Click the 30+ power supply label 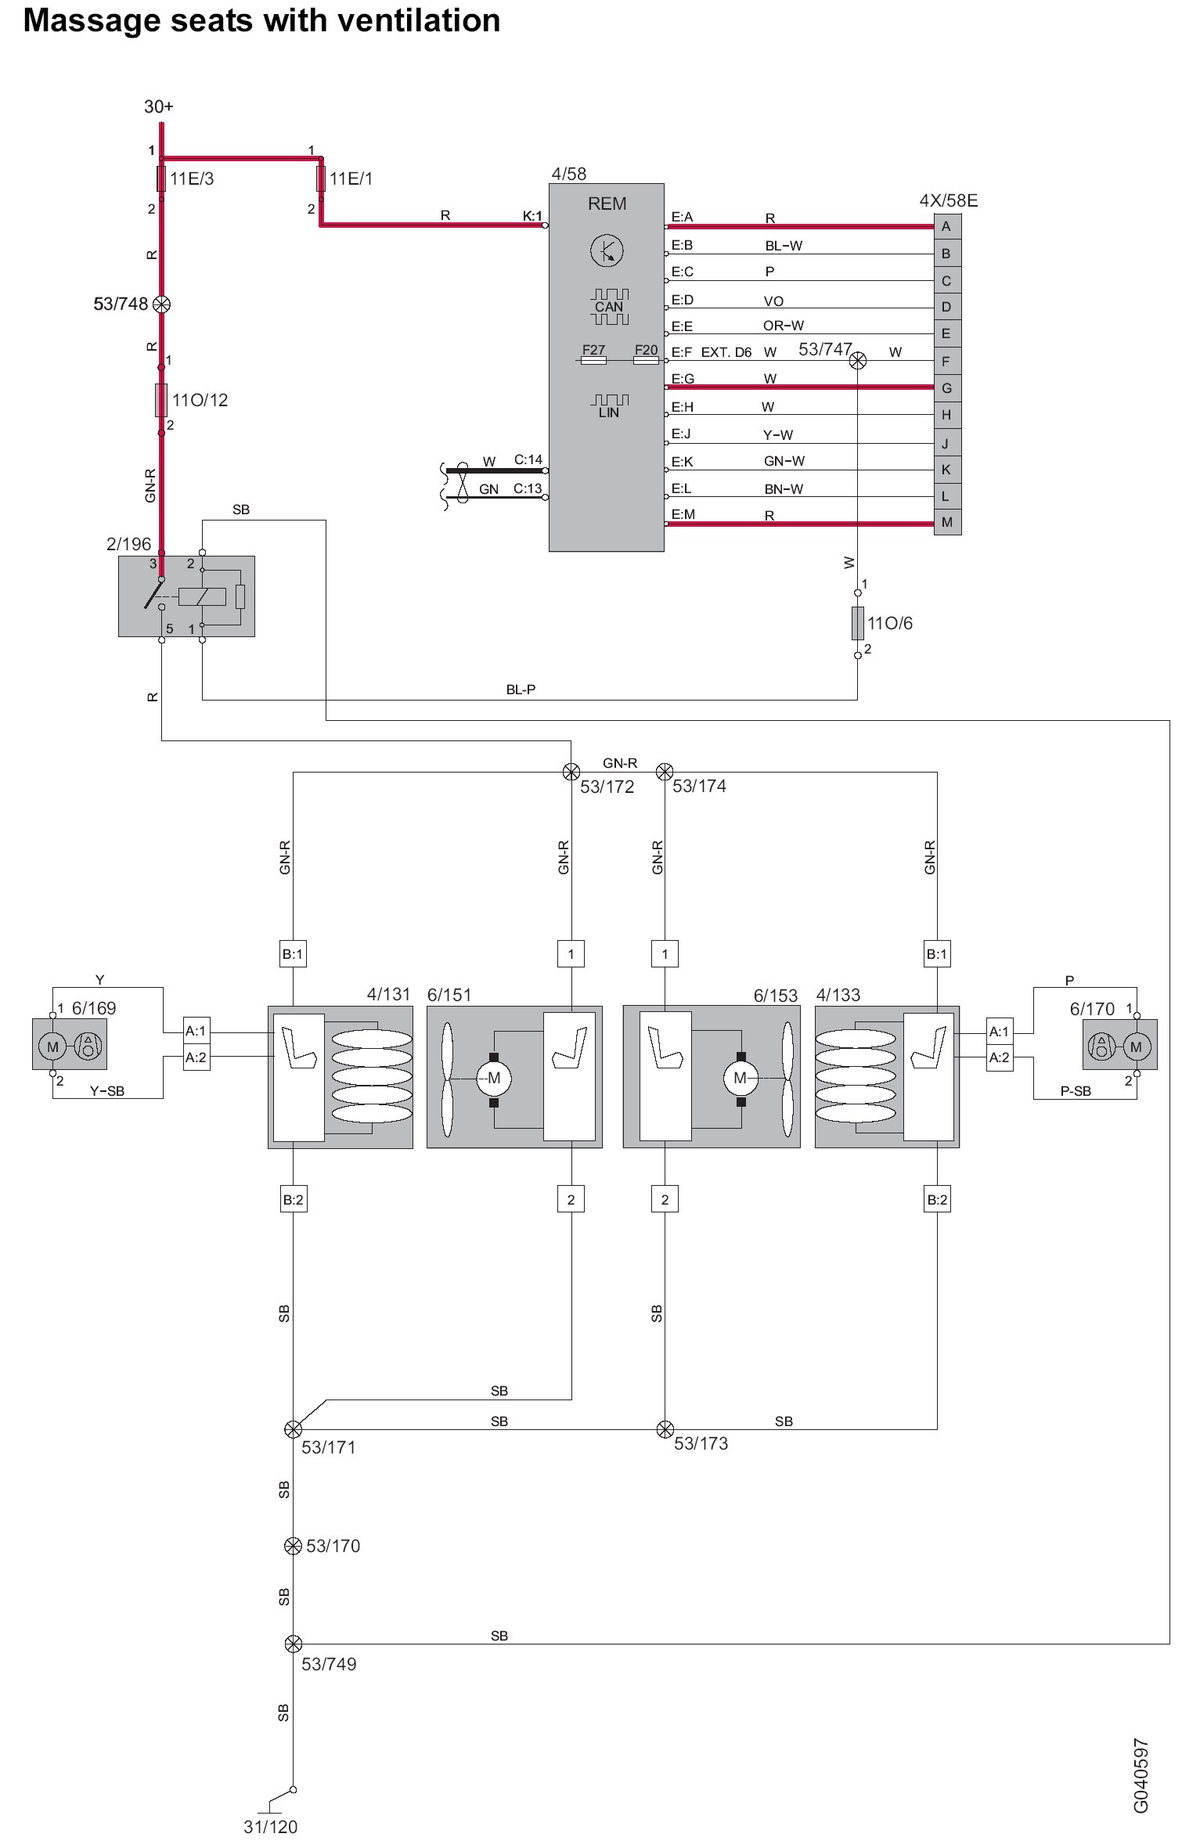[x=159, y=106]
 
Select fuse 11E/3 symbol [x=161, y=178]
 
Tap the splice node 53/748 [x=161, y=304]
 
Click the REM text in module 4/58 [x=607, y=204]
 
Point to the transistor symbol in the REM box [x=607, y=250]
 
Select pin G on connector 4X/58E [x=947, y=388]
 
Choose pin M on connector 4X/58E [x=947, y=522]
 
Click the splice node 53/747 [x=858, y=360]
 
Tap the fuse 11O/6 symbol [x=858, y=622]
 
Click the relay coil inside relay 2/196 [x=202, y=596]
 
